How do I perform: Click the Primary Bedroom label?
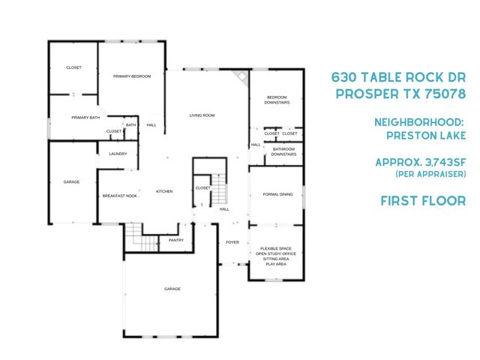click(132, 76)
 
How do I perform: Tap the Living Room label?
click(202, 115)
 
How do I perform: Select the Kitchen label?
click(164, 191)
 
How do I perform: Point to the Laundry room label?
click(118, 154)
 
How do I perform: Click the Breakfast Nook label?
click(120, 196)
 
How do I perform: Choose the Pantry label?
click(176, 240)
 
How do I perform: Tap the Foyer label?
click(232, 242)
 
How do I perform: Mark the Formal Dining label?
click(276, 195)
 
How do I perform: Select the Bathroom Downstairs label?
click(283, 151)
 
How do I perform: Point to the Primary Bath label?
click(85, 118)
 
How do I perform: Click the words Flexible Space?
click(277, 248)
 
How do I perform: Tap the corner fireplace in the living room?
click(241, 78)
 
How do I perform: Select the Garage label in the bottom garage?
click(172, 289)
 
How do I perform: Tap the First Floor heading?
click(423, 200)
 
